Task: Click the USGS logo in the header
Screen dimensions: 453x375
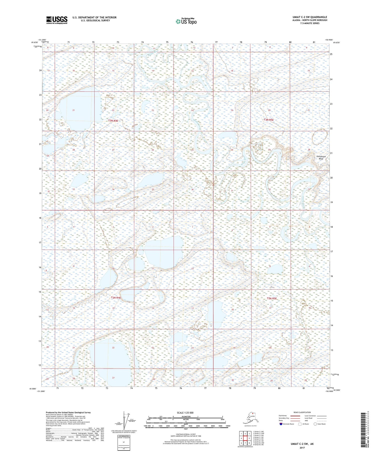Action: [57, 20]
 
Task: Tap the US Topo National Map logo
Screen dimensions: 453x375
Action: [186, 21]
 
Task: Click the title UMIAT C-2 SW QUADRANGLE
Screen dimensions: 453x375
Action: [310, 17]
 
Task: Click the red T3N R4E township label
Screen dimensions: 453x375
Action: [113, 121]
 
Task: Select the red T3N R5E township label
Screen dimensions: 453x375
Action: [269, 120]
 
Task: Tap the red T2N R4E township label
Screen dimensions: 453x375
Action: [116, 298]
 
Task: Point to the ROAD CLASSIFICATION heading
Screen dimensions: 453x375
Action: [302, 412]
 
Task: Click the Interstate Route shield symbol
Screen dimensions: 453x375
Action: [281, 424]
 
